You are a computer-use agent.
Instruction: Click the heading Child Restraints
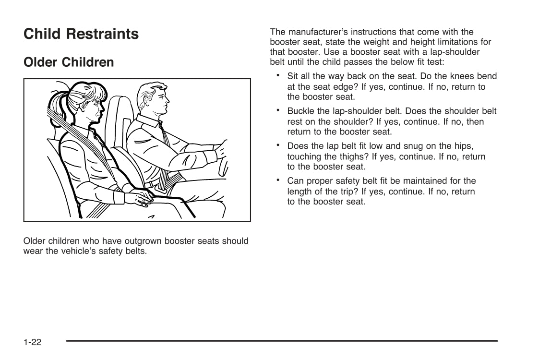click(81, 34)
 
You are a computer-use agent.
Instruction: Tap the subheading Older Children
click(69, 62)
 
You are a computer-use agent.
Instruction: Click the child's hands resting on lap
click(140, 197)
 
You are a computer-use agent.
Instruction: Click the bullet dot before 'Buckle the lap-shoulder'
click(278, 110)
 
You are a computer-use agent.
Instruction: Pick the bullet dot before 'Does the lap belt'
click(278, 144)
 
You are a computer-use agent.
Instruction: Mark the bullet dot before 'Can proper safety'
click(278, 180)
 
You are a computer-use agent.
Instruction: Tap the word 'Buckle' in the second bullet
click(301, 111)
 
